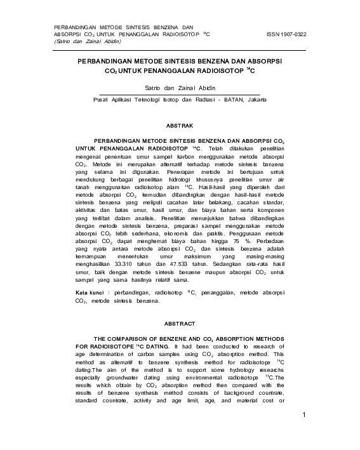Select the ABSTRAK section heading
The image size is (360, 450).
pos(180,126)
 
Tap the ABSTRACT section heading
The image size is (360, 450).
pos(180,323)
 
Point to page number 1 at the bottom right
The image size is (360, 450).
pos(305,416)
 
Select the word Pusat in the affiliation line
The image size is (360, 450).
pos(102,100)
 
